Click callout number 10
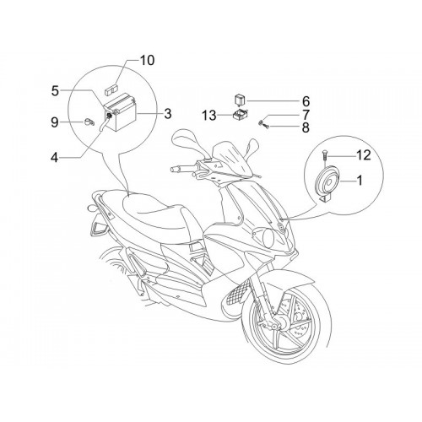click(x=147, y=60)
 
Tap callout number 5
click(x=55, y=90)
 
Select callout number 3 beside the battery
click(x=167, y=114)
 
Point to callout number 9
click(x=55, y=122)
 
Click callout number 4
click(x=55, y=157)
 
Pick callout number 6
click(x=306, y=101)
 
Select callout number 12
click(x=363, y=155)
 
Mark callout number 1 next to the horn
click(x=360, y=181)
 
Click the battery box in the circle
click(x=122, y=113)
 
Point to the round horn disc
click(x=328, y=181)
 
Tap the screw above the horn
click(x=324, y=155)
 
